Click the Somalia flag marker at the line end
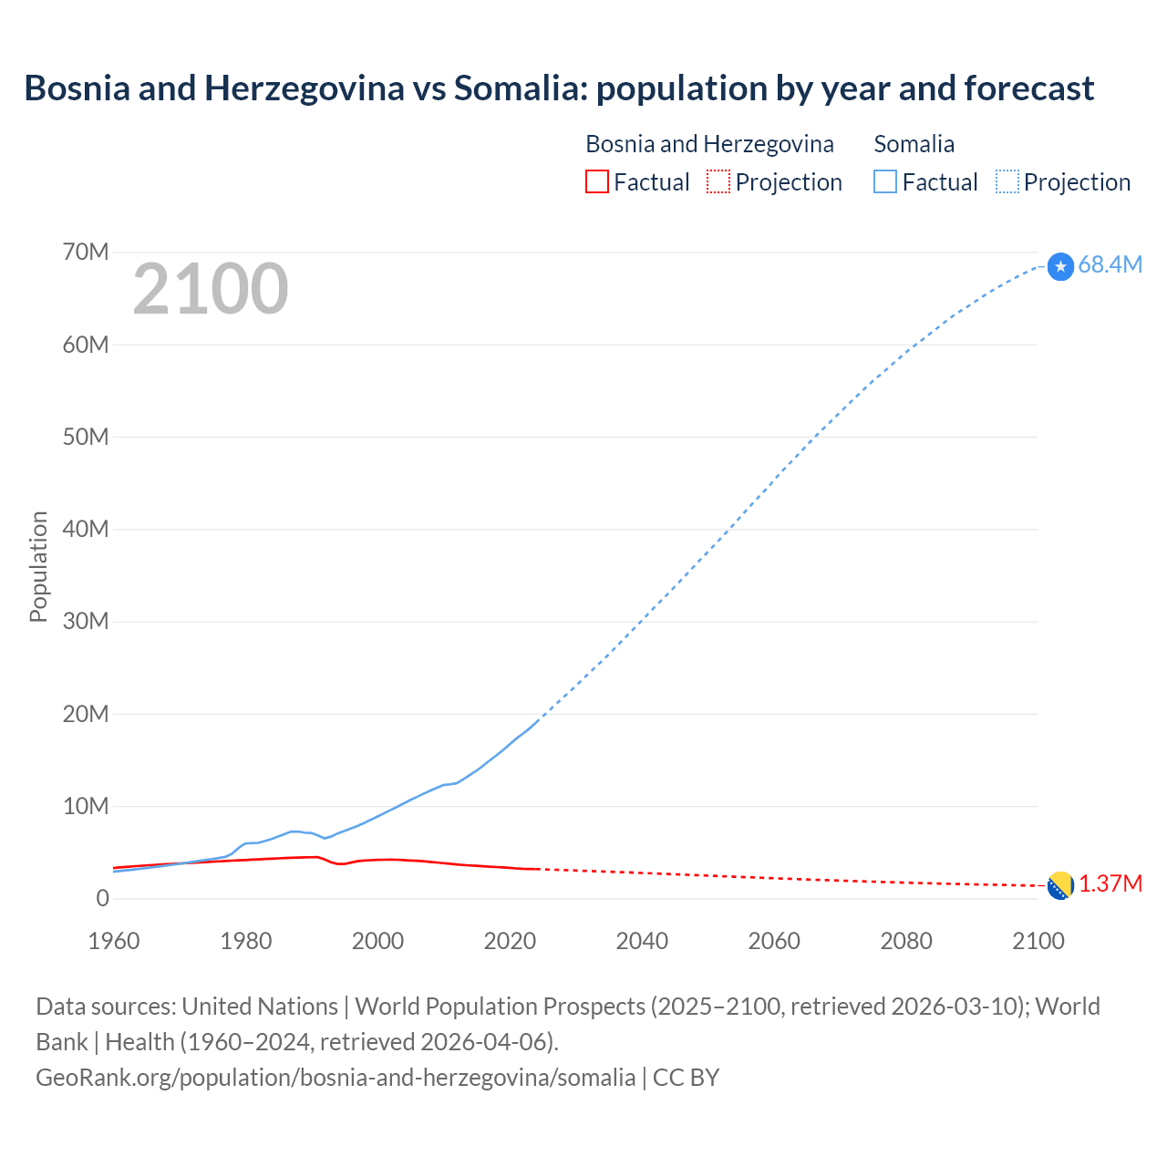(x=1060, y=266)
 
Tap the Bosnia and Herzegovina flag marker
(x=1060, y=885)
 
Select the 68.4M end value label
(x=1110, y=264)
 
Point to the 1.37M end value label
(x=1110, y=884)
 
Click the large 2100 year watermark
(x=211, y=289)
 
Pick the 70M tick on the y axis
(x=86, y=252)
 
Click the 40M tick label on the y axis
(x=86, y=529)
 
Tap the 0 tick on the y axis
(x=102, y=898)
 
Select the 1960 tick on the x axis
(x=114, y=941)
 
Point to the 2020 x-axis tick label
(x=510, y=941)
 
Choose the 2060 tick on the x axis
(x=774, y=941)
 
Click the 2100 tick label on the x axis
(x=1038, y=941)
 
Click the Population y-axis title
(x=38, y=566)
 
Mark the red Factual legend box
(x=596, y=181)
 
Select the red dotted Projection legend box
(x=718, y=181)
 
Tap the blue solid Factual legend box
(x=885, y=181)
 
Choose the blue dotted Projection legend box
(x=1007, y=181)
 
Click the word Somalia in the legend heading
(x=914, y=144)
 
